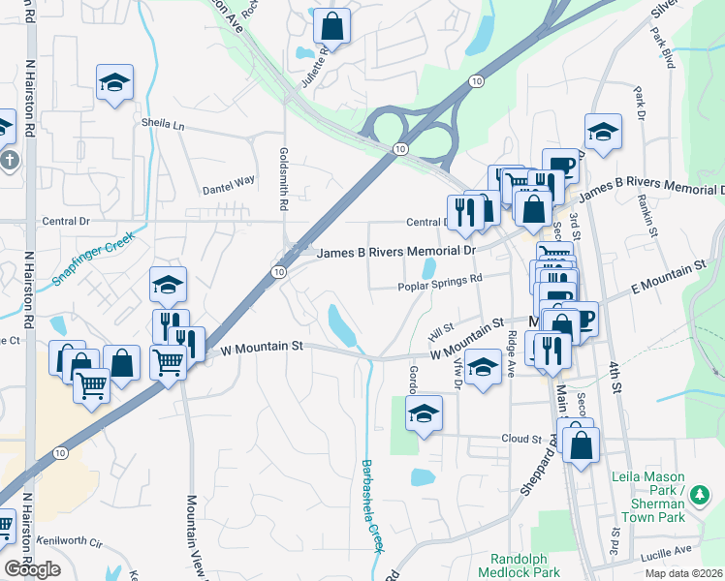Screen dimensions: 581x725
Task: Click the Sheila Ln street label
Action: [163, 125]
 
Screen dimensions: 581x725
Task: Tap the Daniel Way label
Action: [228, 180]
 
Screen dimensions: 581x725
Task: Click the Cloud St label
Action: [520, 438]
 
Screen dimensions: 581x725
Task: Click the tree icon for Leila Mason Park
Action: [702, 496]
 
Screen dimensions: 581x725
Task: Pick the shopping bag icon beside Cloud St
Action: [580, 445]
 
